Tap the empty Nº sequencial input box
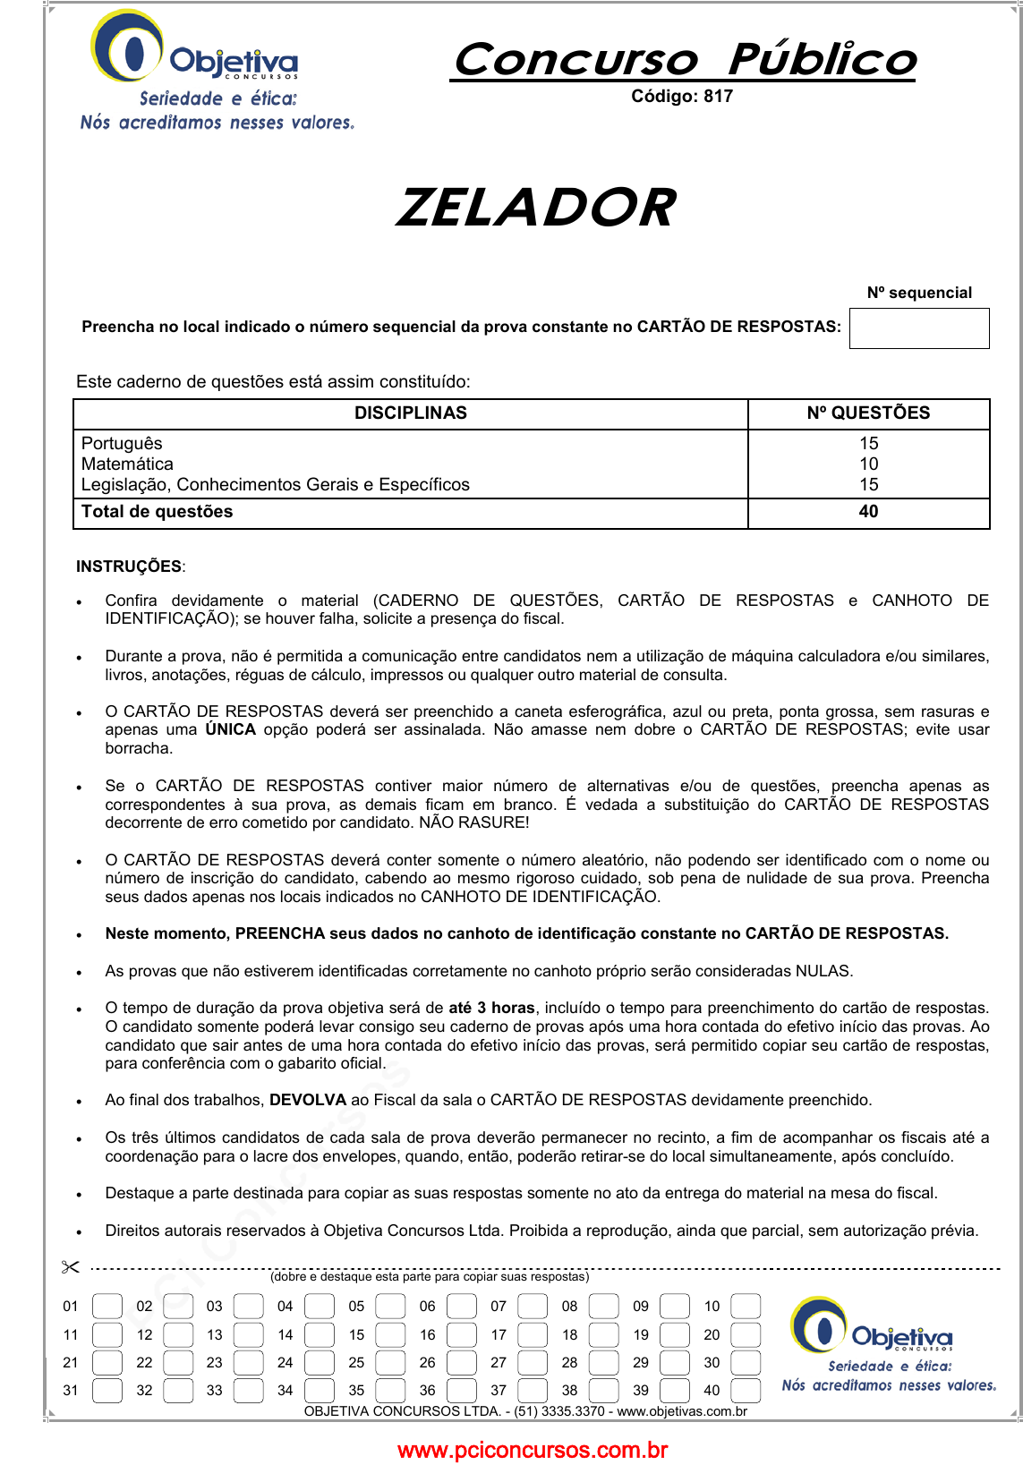(918, 328)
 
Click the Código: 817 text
(681, 97)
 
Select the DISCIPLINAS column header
(410, 413)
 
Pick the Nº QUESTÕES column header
(868, 413)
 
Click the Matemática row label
(127, 464)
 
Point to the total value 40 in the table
(868, 512)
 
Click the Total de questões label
(157, 512)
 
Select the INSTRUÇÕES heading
(129, 566)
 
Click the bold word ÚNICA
(230, 730)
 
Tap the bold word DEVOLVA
(307, 1100)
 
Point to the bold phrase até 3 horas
(491, 1008)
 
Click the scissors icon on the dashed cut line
(71, 1267)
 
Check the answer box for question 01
(107, 1307)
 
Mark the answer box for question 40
(746, 1391)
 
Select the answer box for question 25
(390, 1363)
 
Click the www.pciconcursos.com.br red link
(533, 1450)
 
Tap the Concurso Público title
(685, 60)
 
